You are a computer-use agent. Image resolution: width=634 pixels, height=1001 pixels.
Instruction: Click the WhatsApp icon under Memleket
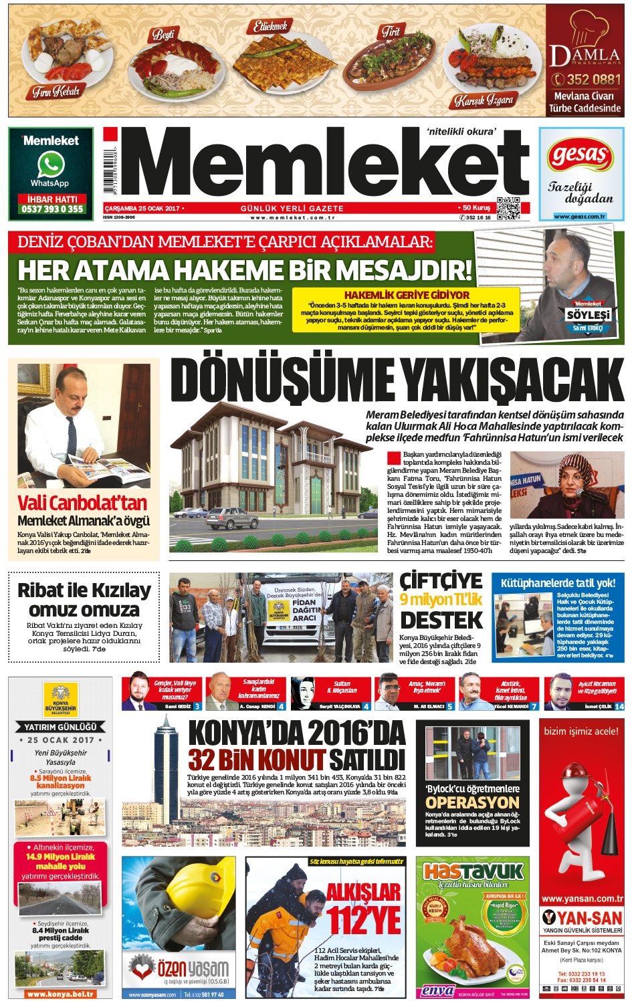tap(51, 164)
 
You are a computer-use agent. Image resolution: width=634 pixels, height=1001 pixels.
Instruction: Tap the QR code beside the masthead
tap(508, 209)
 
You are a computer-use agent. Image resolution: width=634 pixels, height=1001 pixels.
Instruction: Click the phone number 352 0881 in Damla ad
tap(587, 80)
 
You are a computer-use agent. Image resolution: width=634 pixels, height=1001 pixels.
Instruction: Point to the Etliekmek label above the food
tap(271, 26)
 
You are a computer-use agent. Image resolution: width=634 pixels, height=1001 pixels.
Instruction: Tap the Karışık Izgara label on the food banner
tap(484, 100)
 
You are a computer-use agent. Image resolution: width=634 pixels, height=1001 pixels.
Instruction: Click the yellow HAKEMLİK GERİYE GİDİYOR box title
tap(407, 295)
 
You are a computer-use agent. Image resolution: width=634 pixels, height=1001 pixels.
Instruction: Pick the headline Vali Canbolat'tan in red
tap(82, 502)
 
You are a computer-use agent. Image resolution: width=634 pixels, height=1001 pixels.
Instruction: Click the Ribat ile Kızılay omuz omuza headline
tap(84, 600)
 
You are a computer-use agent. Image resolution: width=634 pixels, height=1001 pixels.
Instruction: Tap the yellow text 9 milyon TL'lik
tap(441, 599)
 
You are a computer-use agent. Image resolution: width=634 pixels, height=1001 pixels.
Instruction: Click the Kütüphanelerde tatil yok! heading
tap(558, 583)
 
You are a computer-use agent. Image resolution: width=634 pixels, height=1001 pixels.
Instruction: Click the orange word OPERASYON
tap(472, 802)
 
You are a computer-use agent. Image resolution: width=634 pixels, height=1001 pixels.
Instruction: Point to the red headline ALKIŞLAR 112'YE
tap(364, 907)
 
